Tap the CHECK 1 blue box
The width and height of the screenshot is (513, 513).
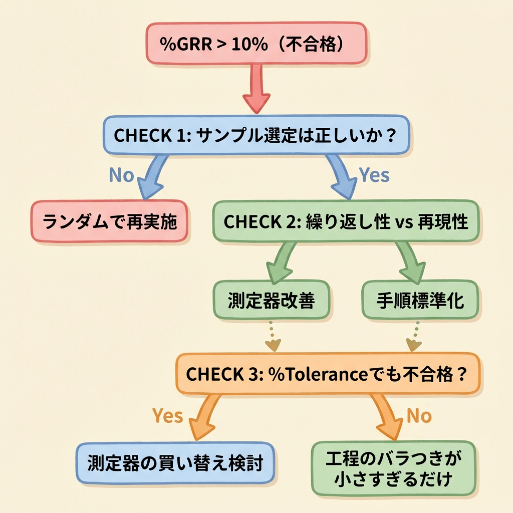point(256,135)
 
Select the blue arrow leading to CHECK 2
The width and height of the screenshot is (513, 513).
point(341,176)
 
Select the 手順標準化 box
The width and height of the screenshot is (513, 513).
point(420,301)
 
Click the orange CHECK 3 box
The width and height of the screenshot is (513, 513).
point(327,374)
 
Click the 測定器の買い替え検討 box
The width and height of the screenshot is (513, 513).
point(175,462)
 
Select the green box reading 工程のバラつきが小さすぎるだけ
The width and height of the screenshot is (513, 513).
point(393,468)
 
